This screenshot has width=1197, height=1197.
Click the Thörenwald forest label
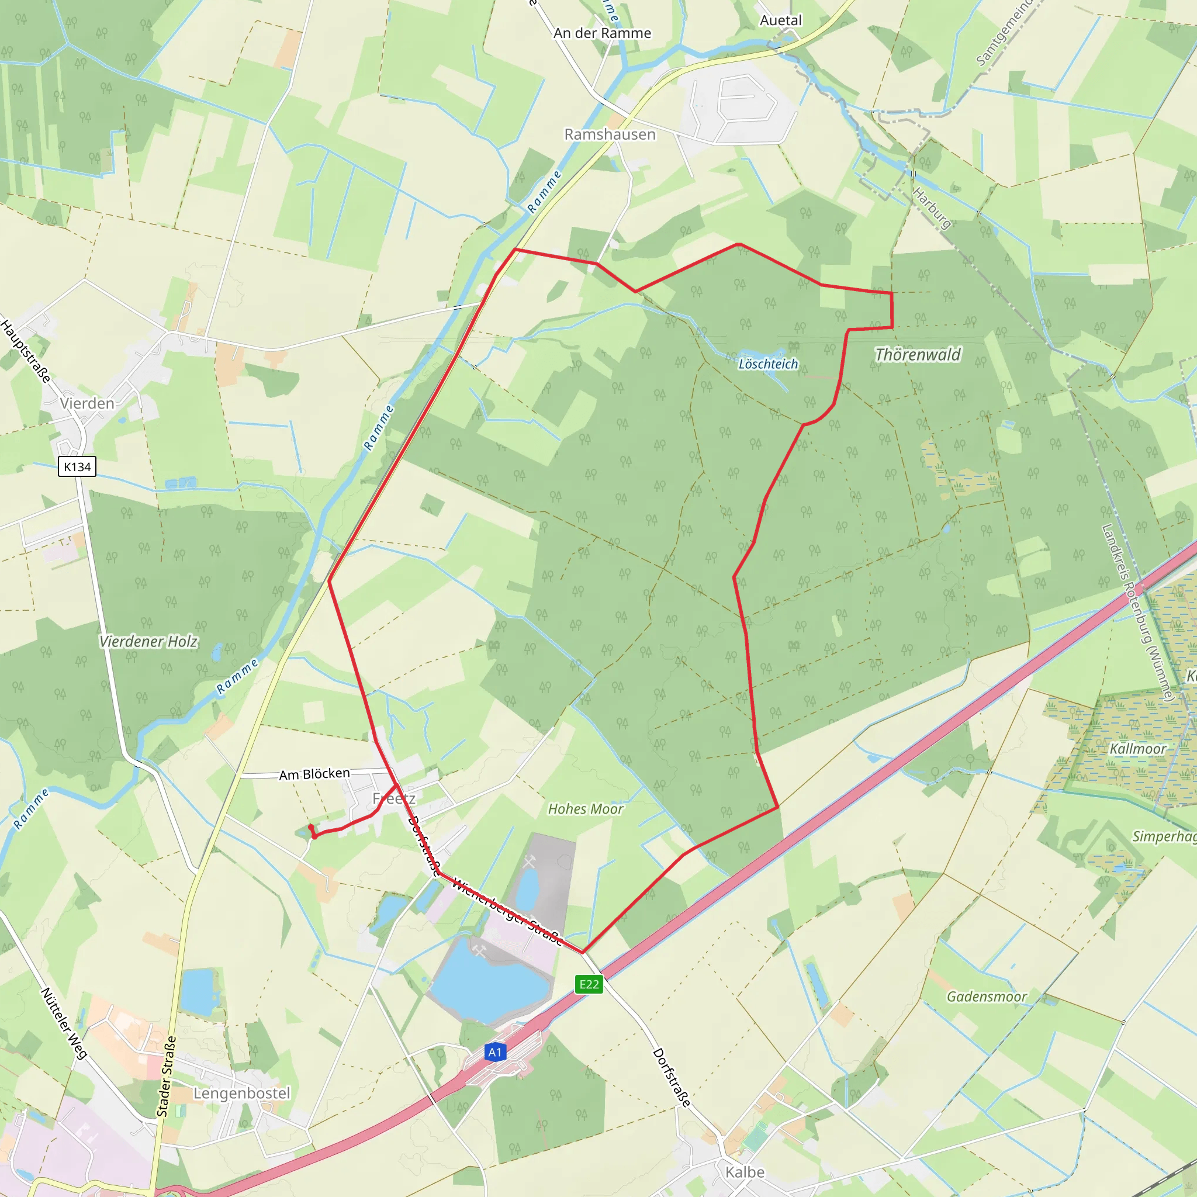tap(918, 354)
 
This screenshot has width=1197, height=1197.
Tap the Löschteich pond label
tap(768, 364)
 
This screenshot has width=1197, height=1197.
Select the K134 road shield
tap(78, 466)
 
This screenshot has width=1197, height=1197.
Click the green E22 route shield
tap(589, 984)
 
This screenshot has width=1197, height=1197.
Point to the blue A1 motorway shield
tap(494, 1052)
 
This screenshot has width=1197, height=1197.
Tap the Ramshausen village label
tap(610, 134)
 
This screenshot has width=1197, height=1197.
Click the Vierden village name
tap(87, 403)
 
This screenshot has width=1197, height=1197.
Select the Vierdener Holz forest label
tap(148, 641)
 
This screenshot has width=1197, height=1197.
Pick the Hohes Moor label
tap(586, 809)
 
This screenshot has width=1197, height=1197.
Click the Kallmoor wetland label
tap(1137, 749)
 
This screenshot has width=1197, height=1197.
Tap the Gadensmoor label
tap(987, 997)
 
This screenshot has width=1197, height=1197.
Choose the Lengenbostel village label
tap(241, 1093)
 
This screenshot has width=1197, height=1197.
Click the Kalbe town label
tap(745, 1172)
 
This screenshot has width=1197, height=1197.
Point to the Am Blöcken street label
tap(314, 774)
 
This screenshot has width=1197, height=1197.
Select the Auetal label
tap(781, 20)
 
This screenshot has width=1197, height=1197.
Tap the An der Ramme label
tap(602, 33)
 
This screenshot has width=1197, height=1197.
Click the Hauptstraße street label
tap(26, 351)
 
